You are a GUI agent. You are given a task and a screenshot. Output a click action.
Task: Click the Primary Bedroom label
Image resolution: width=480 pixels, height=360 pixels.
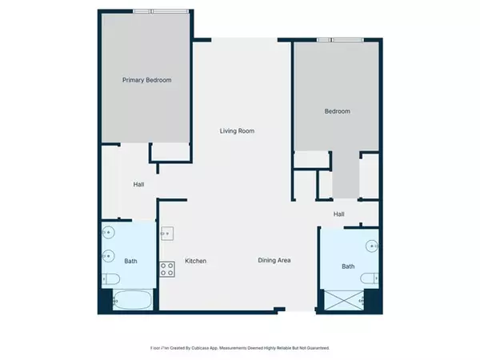[146, 80]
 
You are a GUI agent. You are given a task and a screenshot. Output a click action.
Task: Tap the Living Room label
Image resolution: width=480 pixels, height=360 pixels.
[238, 130]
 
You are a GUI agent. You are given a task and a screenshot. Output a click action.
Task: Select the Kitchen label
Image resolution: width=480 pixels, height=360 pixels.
[197, 261]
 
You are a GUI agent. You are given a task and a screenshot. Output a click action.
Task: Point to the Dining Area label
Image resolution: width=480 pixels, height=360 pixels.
[274, 261]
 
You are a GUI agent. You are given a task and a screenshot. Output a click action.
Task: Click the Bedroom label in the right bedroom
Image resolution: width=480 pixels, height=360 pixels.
[337, 111]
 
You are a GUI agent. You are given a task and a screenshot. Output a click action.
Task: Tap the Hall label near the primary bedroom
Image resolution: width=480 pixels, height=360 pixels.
[138, 185]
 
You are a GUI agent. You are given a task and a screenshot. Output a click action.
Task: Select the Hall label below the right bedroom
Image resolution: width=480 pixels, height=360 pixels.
[339, 214]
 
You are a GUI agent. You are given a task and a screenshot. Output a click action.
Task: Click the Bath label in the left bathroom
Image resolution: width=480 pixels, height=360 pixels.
[130, 261]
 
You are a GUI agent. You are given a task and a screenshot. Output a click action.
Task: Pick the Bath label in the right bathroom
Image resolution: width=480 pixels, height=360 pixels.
[348, 266]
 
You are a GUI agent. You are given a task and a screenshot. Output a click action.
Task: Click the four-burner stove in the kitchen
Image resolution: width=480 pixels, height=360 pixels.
[168, 270]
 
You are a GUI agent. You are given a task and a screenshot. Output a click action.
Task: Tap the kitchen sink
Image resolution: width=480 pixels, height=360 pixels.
[168, 234]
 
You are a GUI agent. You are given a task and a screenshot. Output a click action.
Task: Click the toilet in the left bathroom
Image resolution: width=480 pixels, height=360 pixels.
[110, 279]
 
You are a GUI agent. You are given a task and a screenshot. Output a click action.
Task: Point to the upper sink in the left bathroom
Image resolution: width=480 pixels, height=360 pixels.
[109, 234]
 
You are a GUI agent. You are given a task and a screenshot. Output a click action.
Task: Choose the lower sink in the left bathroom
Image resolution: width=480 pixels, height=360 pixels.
[109, 256]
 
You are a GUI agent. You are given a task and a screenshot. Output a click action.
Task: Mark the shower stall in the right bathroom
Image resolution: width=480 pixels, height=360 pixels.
[343, 301]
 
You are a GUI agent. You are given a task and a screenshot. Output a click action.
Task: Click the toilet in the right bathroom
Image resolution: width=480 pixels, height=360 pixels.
[369, 278]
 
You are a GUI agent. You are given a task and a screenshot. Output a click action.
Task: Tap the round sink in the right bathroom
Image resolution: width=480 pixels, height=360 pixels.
[371, 246]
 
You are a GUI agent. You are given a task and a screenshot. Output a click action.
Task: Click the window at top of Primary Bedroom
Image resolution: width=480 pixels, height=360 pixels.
[143, 10]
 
